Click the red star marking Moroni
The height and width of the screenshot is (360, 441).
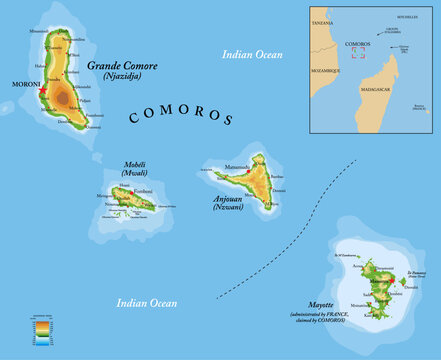[x=44, y=91]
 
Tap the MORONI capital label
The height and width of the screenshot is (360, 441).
[x=24, y=84]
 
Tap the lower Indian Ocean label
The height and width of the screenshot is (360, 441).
[x=147, y=301]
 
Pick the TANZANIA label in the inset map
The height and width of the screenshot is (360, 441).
[x=322, y=22]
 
